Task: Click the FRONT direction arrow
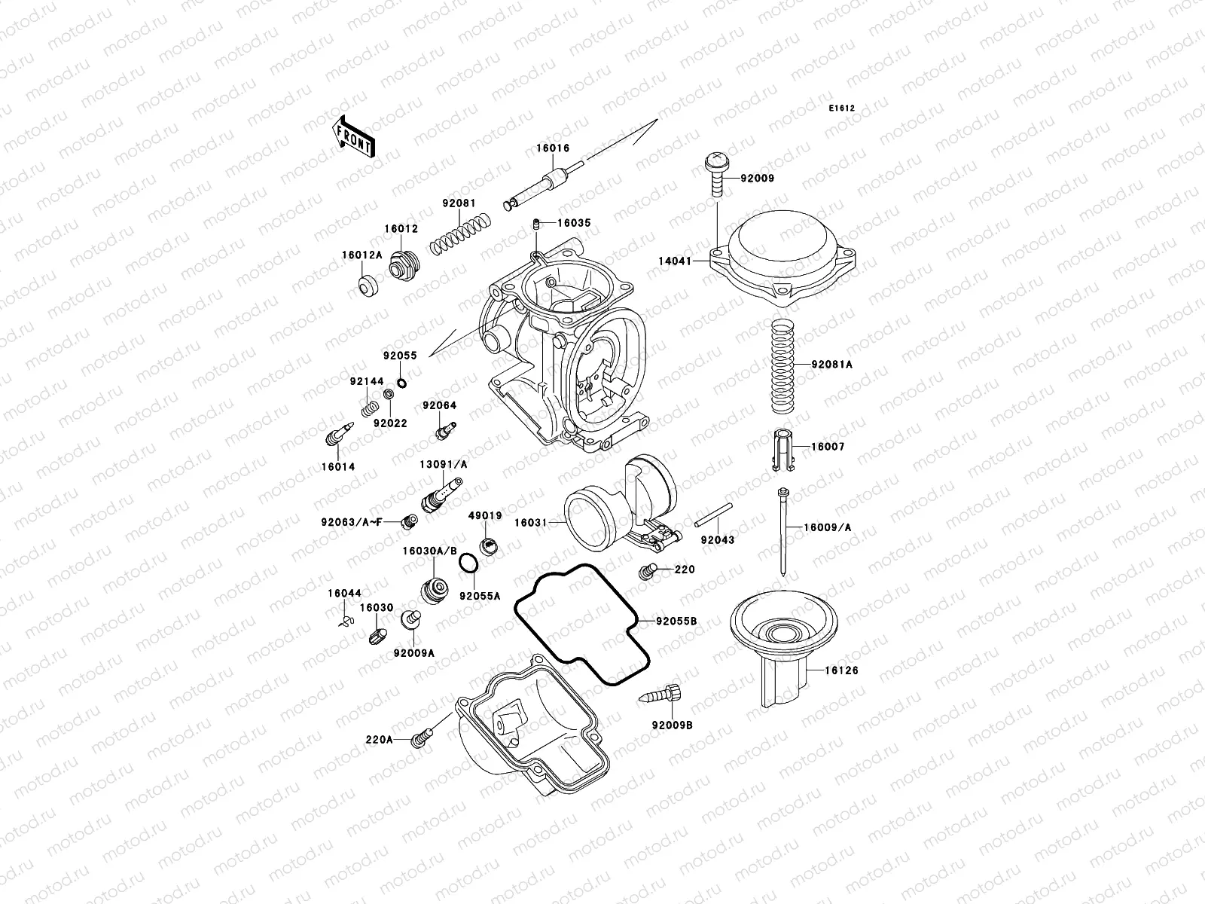click(354, 136)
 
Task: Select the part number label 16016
click(553, 149)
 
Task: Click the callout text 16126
click(840, 670)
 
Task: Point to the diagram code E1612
click(842, 108)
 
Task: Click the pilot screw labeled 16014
click(337, 435)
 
